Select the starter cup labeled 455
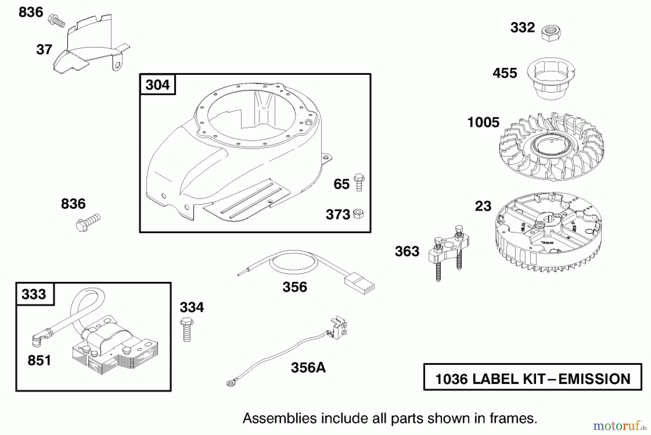tap(551, 78)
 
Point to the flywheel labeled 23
tap(548, 232)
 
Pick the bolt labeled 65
tap(359, 182)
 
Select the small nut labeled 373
tap(358, 214)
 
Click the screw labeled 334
tap(187, 329)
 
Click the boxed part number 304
tap(157, 85)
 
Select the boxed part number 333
tap(34, 294)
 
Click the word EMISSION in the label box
tap(594, 379)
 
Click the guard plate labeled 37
tap(92, 44)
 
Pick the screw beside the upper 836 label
tap(56, 20)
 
